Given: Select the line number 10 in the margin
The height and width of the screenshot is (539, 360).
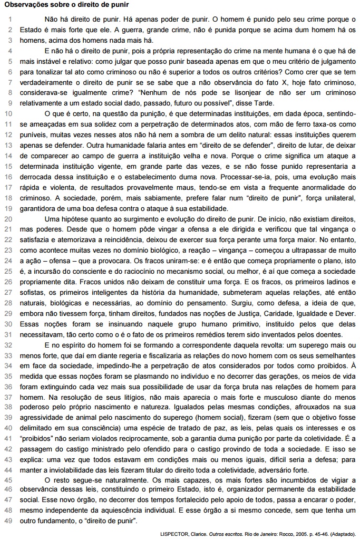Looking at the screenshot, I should coord(9,113).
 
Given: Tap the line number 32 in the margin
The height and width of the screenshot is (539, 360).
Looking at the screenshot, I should coord(9,344).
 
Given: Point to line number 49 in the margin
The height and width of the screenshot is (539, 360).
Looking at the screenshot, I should coord(9,522).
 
